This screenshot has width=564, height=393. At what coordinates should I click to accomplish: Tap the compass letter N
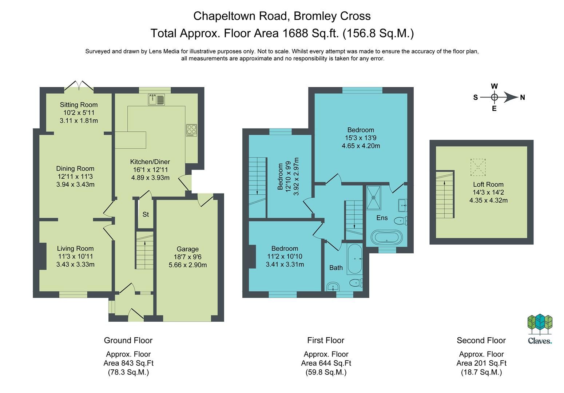click(x=523, y=98)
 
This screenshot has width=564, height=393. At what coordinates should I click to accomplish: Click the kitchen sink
click(x=156, y=99)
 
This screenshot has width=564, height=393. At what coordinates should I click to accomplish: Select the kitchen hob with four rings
click(x=191, y=130)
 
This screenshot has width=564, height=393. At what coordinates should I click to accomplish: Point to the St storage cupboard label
click(x=146, y=215)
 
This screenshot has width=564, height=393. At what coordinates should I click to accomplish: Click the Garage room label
click(x=187, y=249)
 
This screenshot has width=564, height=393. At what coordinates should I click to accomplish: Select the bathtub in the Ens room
click(x=386, y=237)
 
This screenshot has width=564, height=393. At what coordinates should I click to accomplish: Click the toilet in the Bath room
click(x=355, y=282)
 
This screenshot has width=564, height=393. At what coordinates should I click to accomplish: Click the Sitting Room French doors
click(x=79, y=86)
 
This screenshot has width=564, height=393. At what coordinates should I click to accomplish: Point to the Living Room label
click(x=75, y=249)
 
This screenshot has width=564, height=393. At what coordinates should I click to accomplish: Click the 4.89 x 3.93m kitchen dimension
click(x=150, y=178)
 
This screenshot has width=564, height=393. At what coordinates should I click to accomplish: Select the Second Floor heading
click(x=481, y=340)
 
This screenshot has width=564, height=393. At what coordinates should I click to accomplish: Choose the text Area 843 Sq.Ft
click(x=128, y=363)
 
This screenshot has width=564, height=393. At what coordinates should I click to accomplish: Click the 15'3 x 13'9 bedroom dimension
click(x=361, y=138)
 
